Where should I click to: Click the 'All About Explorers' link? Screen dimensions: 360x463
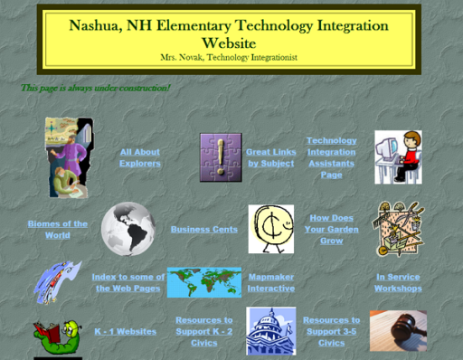point(139,157)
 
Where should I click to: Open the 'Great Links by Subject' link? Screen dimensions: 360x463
point(270,157)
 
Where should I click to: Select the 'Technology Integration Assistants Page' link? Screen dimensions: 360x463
point(332,157)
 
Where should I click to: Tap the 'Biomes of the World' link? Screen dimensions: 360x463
point(58,229)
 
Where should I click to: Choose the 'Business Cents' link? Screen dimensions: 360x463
point(204,230)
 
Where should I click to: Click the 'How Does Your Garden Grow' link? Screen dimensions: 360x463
point(332,230)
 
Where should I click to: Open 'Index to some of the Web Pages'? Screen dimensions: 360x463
point(128,282)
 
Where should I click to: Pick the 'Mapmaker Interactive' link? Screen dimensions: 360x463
point(271,282)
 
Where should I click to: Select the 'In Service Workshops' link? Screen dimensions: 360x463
point(398,282)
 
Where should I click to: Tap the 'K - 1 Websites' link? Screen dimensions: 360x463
point(126,332)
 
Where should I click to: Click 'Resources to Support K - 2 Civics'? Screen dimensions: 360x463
point(204,331)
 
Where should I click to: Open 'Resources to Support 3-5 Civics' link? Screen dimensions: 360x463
point(331,331)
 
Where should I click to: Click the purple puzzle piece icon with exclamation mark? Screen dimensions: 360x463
point(220,157)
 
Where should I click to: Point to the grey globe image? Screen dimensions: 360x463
point(128,229)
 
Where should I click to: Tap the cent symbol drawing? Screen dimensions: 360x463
point(270,229)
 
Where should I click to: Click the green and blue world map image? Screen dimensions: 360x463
point(203,282)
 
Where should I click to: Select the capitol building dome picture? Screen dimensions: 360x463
point(270,331)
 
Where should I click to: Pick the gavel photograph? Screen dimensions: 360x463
point(398,331)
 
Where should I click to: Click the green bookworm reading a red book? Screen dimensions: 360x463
point(57,333)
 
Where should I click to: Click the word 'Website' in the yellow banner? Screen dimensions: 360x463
point(229,43)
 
